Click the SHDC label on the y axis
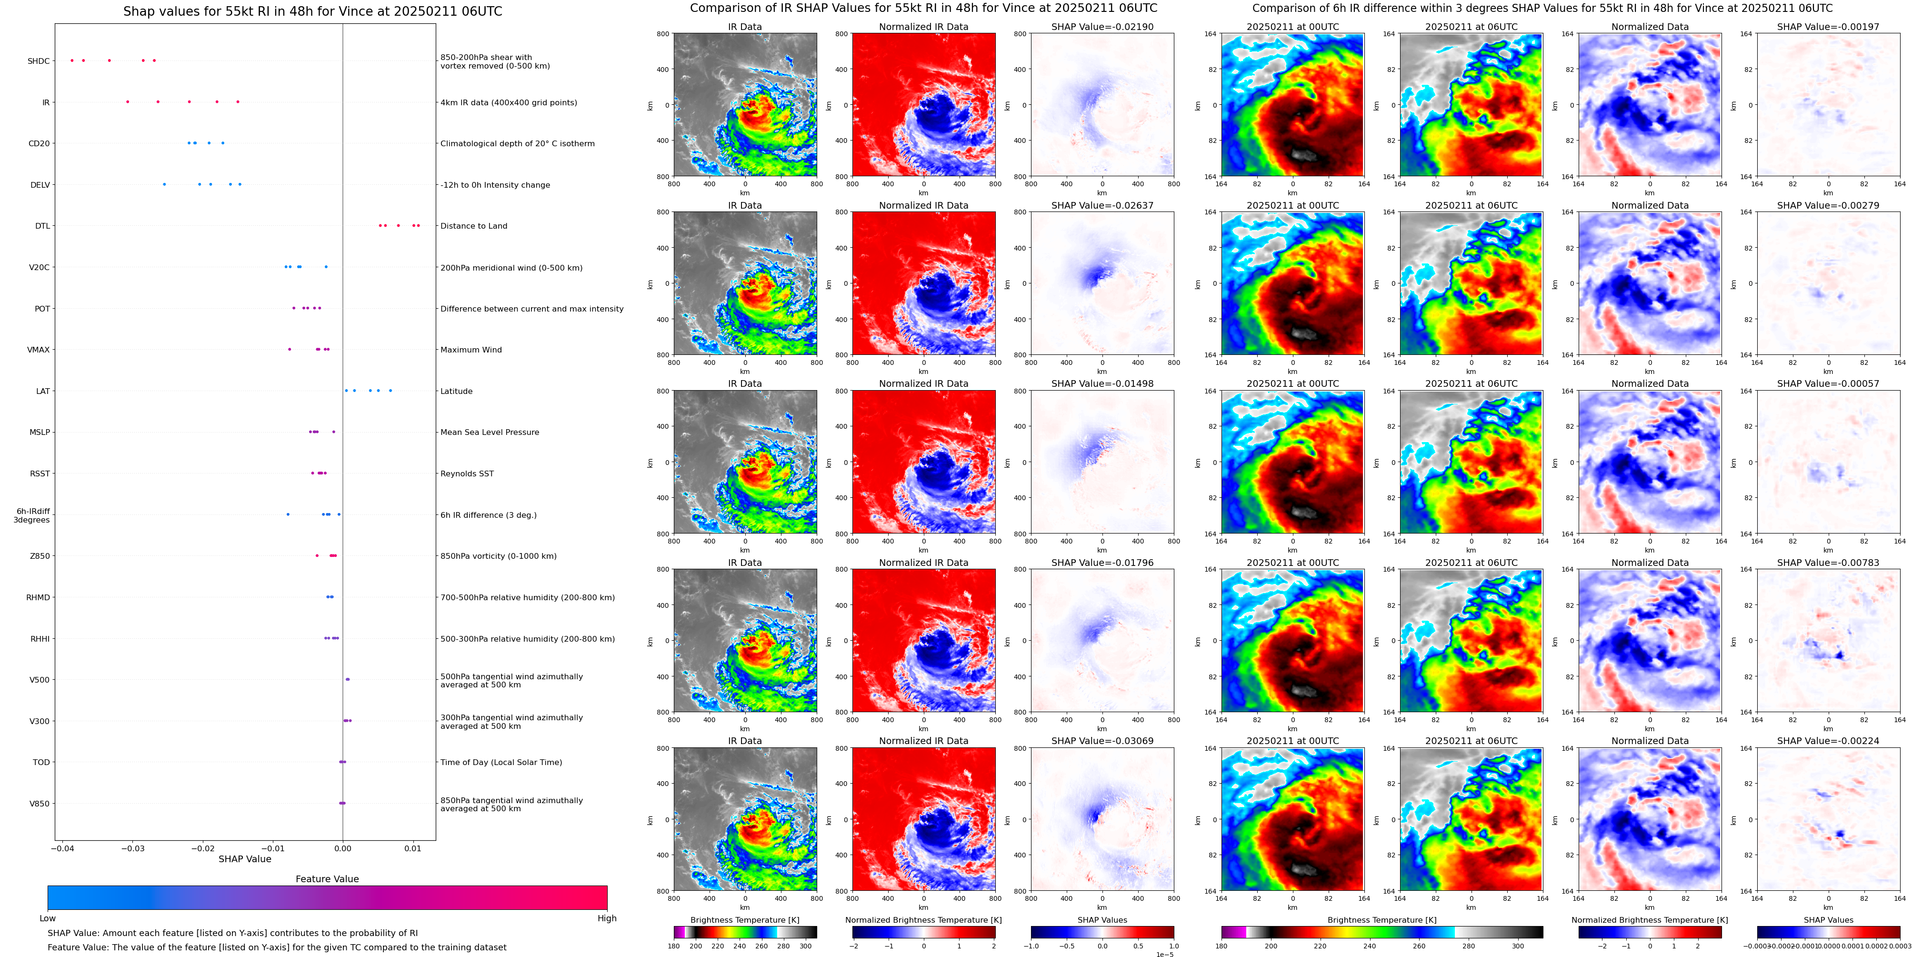click(x=39, y=61)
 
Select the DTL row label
click(x=42, y=226)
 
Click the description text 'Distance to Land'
click(x=473, y=226)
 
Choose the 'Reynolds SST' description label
click(x=467, y=473)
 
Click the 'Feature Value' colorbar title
click(x=327, y=879)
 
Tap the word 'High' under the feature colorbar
click(x=606, y=918)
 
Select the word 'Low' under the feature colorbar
click(x=48, y=918)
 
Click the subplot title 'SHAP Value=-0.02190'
click(x=1102, y=27)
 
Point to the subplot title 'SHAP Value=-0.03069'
click(x=1102, y=741)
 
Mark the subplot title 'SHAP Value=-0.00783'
click(x=1828, y=563)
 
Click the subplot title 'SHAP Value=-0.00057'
click(x=1828, y=384)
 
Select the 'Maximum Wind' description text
click(x=470, y=350)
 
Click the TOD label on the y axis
click(x=41, y=763)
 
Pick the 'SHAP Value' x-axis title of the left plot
click(x=244, y=859)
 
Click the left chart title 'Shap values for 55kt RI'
click(x=312, y=11)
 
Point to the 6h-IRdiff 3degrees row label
click(x=32, y=515)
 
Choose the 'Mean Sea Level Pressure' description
click(x=489, y=432)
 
